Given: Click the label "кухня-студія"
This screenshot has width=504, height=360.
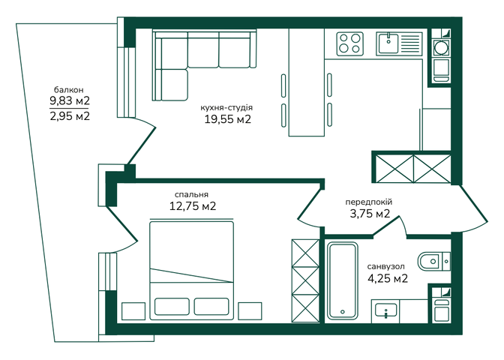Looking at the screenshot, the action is coord(226,108).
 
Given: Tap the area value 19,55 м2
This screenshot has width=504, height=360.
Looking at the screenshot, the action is coord(227,119).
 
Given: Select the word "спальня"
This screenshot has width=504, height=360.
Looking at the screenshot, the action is coord(191,195).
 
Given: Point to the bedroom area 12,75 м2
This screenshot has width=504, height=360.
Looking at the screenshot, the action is coord(193,206).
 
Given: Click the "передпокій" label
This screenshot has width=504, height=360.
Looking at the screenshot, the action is coord(369,202).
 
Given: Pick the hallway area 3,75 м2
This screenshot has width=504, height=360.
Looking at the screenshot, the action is coord(370,214).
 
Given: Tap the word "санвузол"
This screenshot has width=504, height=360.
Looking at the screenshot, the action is coord(386,266).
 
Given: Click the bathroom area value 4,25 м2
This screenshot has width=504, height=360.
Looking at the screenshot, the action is coord(388,278).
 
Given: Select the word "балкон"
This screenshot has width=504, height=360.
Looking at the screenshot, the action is coord(69,89).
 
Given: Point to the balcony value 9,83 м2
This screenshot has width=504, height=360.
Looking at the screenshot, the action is coord(70,101).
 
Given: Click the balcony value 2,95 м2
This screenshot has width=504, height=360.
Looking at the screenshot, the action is coord(70,115).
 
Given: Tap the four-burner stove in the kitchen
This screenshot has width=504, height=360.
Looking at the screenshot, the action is coord(350,44).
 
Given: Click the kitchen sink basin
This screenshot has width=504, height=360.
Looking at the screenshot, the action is coord(388,43).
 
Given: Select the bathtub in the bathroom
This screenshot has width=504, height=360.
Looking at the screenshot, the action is coord(342,281).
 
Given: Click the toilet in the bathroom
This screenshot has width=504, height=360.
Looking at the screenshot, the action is coord(434,261).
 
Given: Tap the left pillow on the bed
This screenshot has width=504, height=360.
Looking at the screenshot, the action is coord(172,306).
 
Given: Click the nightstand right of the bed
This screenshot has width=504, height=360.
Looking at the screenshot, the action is coord(250,310).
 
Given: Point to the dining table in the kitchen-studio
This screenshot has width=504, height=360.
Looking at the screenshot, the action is coord(306,82).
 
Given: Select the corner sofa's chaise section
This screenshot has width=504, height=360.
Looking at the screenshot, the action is coord(174,85).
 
